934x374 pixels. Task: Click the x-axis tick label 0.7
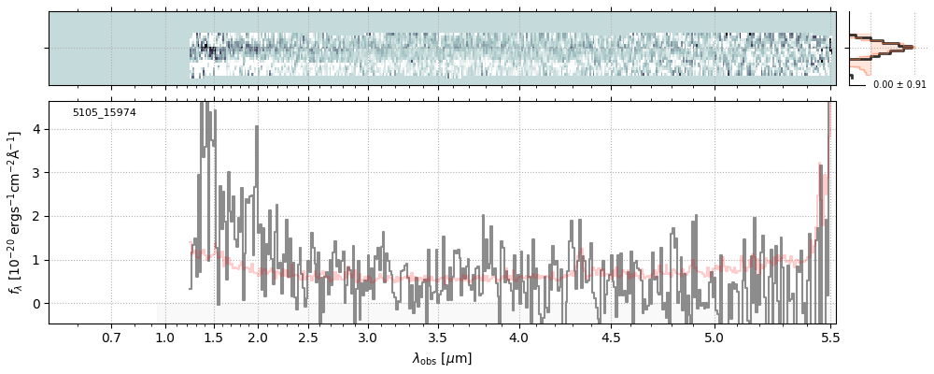point(111,337)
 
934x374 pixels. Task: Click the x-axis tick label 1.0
point(165,337)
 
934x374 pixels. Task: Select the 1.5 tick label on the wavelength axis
point(212,337)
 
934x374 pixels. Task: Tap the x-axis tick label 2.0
point(258,337)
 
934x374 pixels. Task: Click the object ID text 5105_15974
point(104,113)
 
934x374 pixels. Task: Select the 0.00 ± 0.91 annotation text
point(899,85)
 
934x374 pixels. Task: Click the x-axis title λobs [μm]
point(442,358)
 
